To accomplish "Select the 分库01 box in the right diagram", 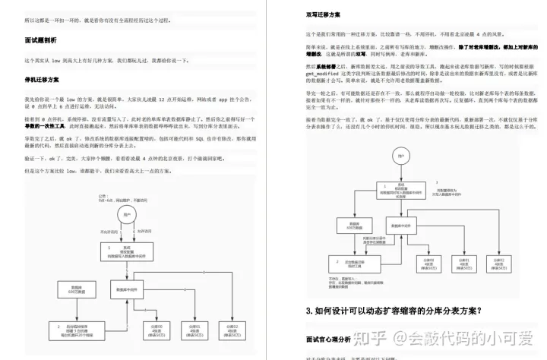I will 464,264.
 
